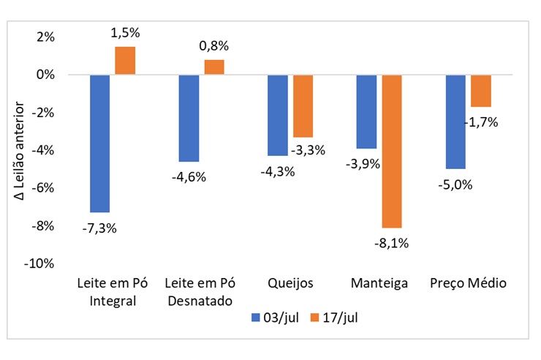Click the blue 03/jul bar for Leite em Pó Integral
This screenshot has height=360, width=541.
(99, 143)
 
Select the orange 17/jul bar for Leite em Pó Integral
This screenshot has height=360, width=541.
(125, 61)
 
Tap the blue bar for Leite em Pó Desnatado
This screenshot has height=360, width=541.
(189, 118)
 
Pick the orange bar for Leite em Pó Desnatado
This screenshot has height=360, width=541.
(214, 67)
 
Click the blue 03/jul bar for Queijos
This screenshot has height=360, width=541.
(278, 115)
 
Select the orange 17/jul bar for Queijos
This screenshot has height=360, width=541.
(303, 106)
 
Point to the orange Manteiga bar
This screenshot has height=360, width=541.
(392, 151)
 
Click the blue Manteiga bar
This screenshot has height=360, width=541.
(366, 111)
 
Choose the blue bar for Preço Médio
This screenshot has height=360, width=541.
(455, 121)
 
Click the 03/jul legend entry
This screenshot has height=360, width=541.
(274, 318)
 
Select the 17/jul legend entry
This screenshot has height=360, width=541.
(334, 318)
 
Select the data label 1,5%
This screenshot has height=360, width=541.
(125, 33)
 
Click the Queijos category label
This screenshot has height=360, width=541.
(290, 283)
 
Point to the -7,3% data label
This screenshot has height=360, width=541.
(99, 228)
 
